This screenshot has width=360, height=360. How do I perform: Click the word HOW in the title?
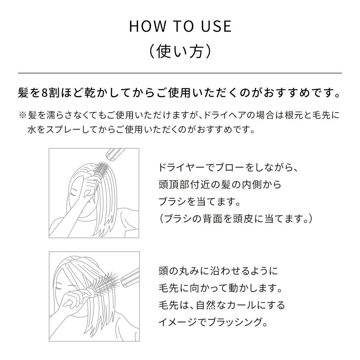[x=147, y=26]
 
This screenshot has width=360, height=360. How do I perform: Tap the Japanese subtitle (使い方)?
[x=180, y=51]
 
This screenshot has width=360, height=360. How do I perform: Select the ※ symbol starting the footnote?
[x=23, y=115]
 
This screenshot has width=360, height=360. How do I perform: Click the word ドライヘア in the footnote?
[x=225, y=115]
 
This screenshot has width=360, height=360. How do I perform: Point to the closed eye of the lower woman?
[x=59, y=288]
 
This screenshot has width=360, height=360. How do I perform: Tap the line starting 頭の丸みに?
[x=218, y=271]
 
